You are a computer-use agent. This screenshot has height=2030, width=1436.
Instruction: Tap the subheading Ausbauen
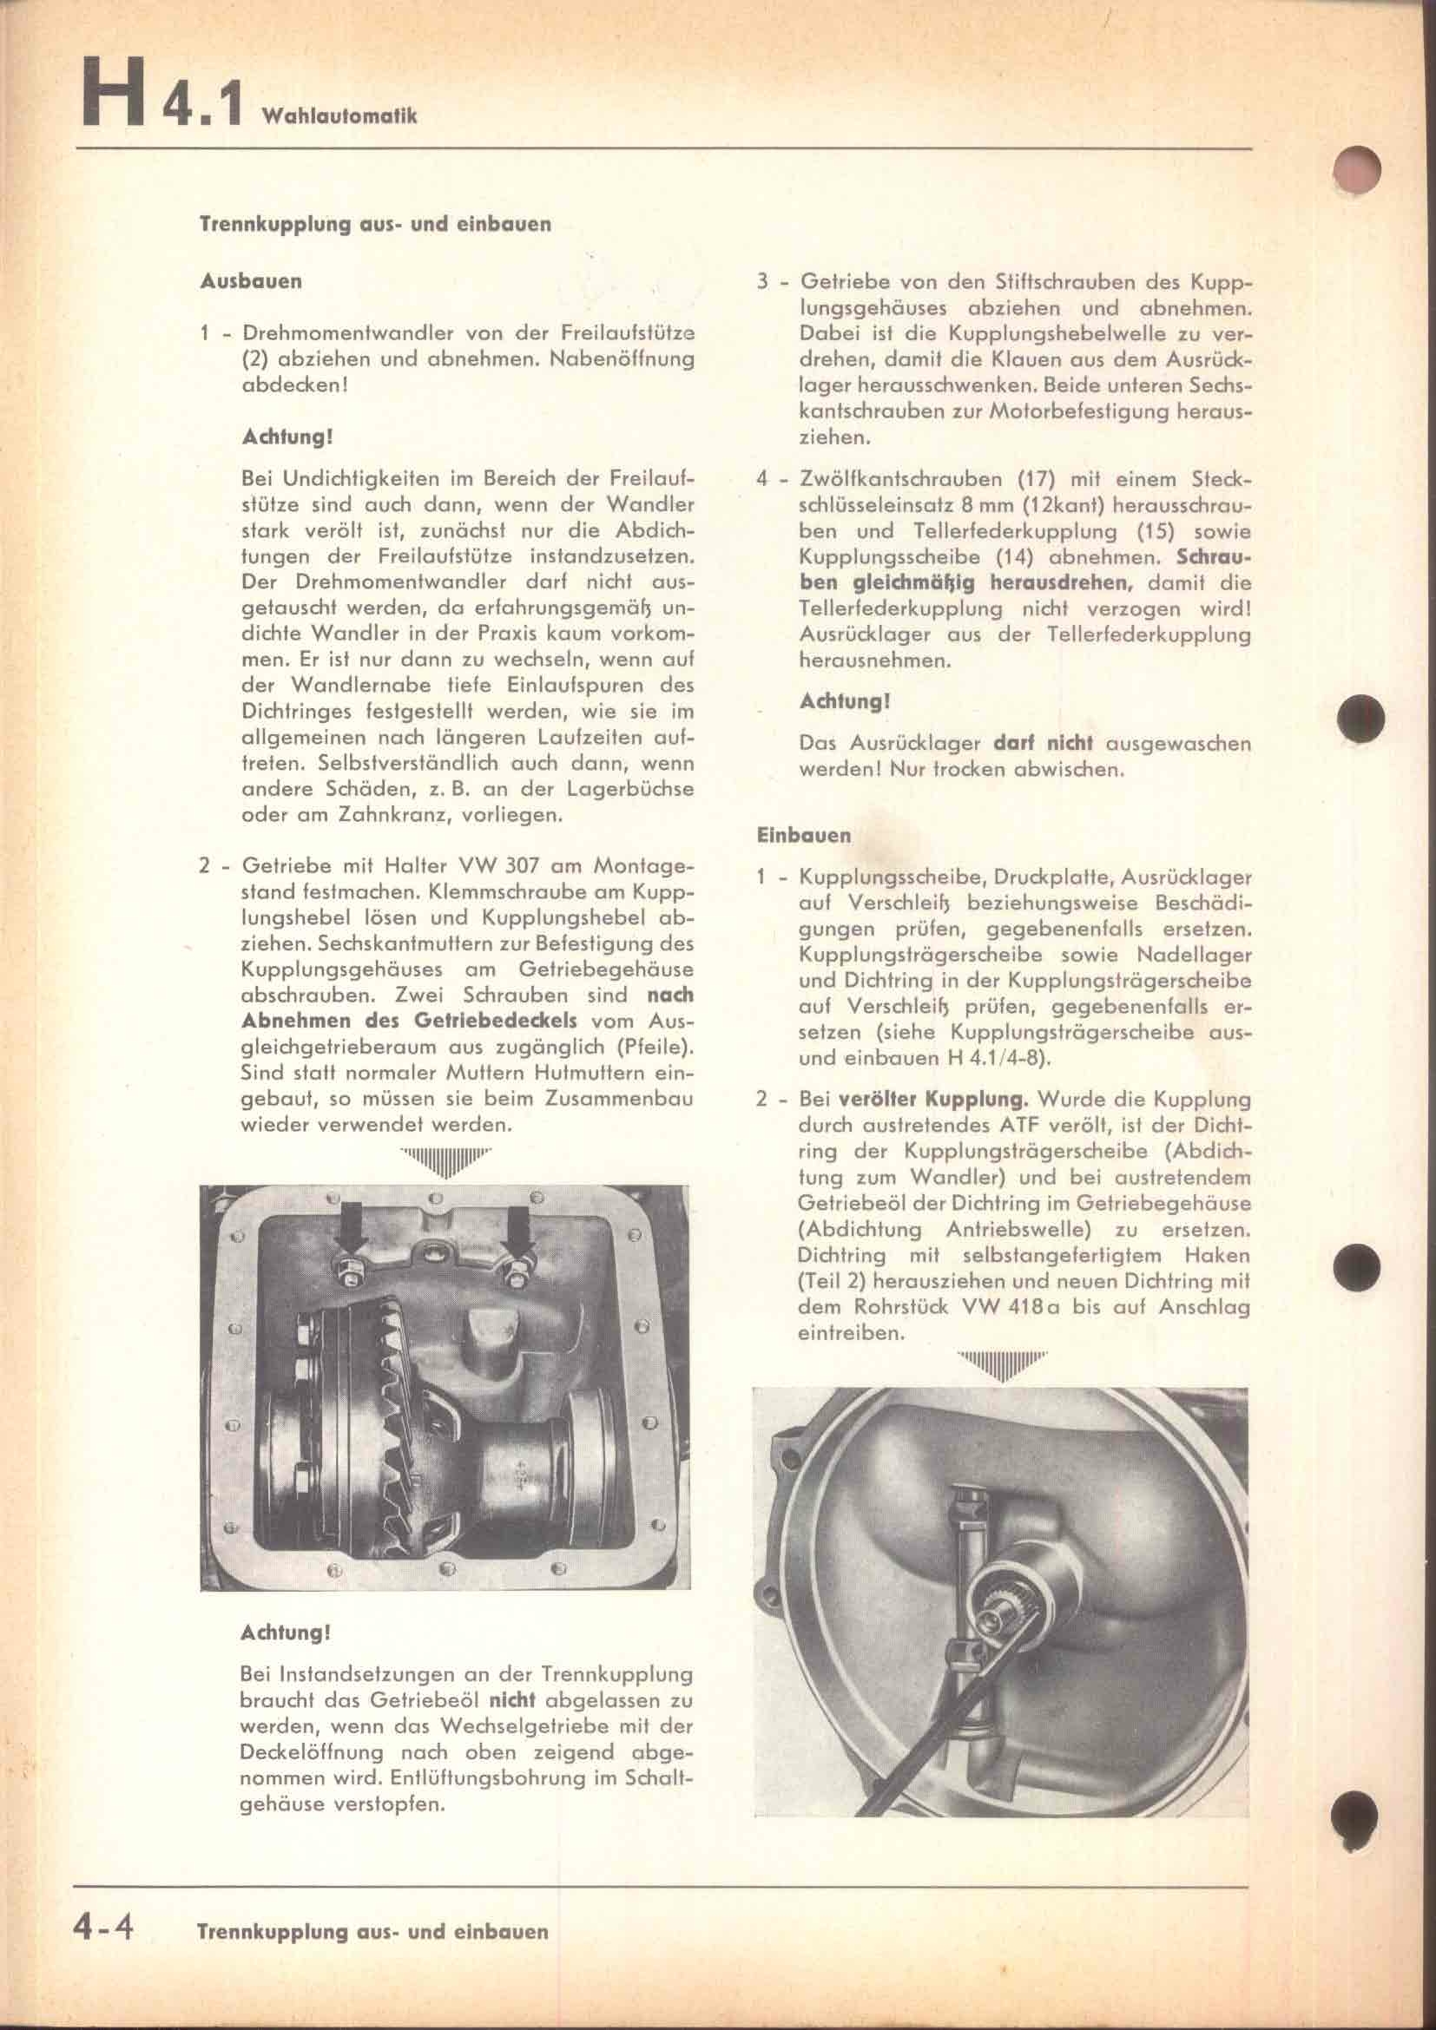coord(251,282)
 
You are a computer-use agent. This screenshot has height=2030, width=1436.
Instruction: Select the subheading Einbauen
coord(804,835)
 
